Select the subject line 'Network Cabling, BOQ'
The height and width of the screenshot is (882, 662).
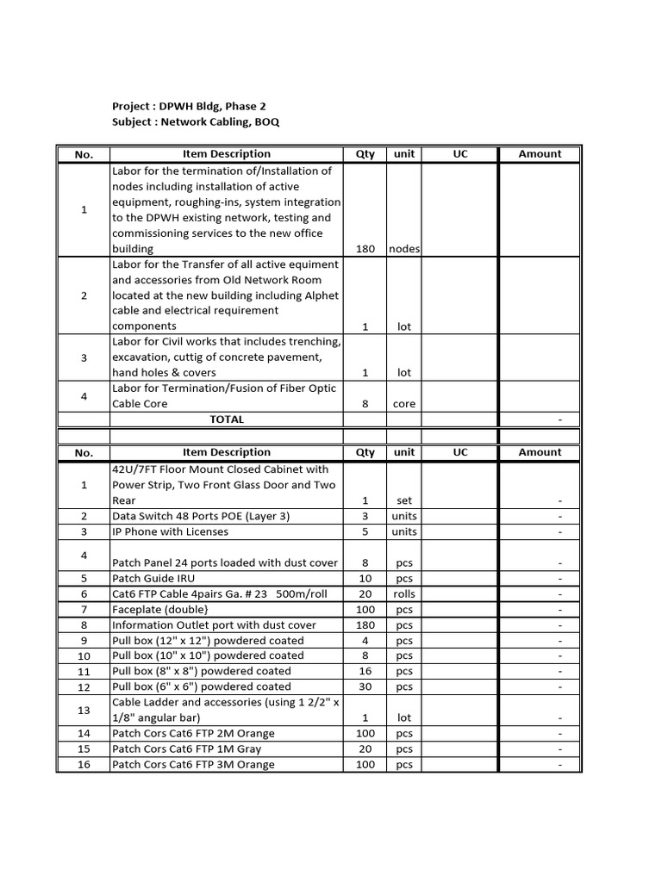[x=196, y=122]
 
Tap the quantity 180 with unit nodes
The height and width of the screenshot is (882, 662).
[x=365, y=249]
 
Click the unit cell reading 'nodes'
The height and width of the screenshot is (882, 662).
[x=404, y=249]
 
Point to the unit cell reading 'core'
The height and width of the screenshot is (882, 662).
[x=404, y=404]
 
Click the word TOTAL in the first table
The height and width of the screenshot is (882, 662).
[x=227, y=419]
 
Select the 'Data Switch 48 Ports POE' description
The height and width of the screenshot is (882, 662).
[x=198, y=516]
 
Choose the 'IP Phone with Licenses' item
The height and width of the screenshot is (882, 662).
[x=171, y=531]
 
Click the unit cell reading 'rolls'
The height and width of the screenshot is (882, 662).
[x=404, y=594]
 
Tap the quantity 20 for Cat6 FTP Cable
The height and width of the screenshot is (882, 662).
[x=365, y=594]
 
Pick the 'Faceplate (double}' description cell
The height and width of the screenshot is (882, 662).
[x=159, y=610]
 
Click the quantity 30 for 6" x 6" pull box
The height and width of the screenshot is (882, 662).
[x=365, y=687]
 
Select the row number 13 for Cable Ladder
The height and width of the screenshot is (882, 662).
[x=84, y=710]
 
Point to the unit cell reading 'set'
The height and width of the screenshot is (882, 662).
[x=404, y=500]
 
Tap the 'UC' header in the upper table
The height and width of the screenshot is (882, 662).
[x=460, y=154]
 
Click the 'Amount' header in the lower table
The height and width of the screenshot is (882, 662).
[x=540, y=452]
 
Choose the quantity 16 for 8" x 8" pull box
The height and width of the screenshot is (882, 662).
[x=365, y=671]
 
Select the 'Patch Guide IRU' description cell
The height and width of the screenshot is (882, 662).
[x=153, y=578]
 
